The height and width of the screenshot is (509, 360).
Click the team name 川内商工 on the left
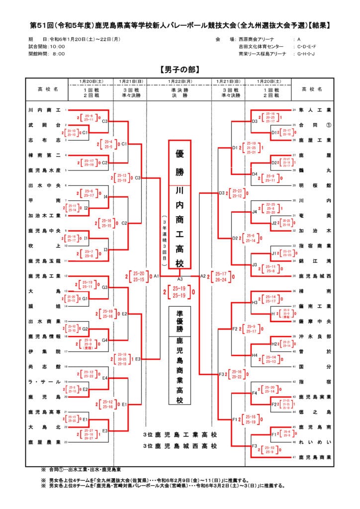pos(44,109)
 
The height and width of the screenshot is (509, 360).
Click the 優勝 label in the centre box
pos(180,163)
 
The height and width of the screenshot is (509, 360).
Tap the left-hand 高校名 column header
pos(48,89)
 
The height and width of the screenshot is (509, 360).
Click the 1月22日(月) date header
pos(180,81)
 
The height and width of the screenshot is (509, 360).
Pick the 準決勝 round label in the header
pos(180,89)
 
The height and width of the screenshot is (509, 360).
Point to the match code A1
pos(156,275)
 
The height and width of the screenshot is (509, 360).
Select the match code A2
pos(203,275)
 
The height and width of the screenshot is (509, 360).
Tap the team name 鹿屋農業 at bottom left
pos(44,442)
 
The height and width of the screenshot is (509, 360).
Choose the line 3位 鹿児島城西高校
pos(180,446)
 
